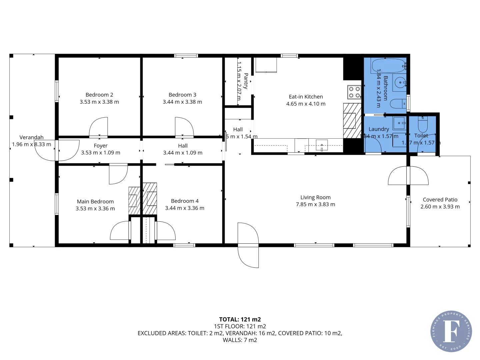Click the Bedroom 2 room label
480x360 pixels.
point(99,95)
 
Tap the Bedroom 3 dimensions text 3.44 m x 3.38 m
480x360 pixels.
point(182,102)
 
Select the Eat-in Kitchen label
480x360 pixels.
point(306,97)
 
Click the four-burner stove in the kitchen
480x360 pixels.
point(354,92)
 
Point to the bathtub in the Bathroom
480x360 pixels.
point(389,66)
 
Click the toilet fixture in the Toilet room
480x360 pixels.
point(423,125)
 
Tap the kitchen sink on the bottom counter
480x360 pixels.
point(322,145)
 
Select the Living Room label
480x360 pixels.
point(315,197)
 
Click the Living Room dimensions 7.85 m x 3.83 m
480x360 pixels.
point(315,204)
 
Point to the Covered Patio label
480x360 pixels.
point(440,200)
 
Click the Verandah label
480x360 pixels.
point(31,137)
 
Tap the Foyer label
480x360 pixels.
point(101,146)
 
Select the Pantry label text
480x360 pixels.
point(246,81)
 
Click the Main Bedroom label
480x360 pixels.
point(95,201)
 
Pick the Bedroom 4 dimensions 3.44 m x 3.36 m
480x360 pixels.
point(185,208)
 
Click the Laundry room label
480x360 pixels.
point(379,129)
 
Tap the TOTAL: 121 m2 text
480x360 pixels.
point(240,319)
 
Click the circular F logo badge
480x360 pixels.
point(451,331)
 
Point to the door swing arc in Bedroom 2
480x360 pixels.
point(99,127)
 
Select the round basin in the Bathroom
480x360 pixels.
point(400,82)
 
